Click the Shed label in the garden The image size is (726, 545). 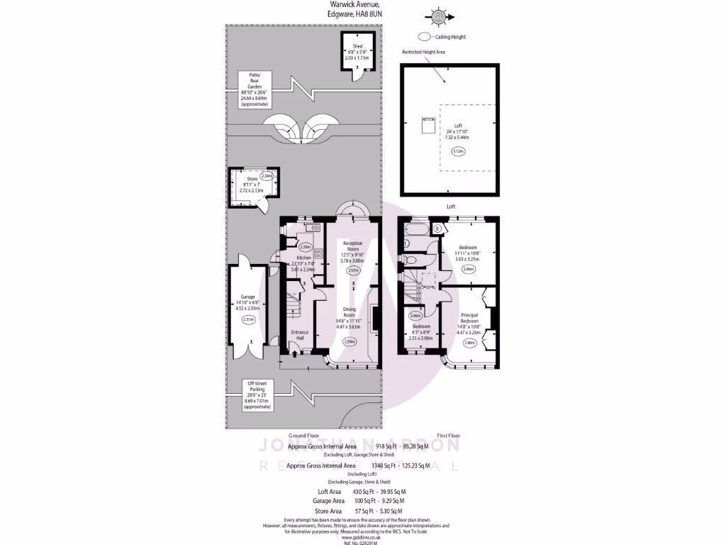coord(353,48)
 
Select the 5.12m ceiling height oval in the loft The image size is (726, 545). coord(457,151)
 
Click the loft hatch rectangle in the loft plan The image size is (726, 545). coord(429,125)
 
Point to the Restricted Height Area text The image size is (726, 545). coord(423,52)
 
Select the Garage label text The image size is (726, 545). coord(247,297)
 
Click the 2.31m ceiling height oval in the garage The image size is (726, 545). coord(248,320)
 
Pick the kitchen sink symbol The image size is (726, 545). coord(311,227)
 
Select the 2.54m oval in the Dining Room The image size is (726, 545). coord(350,341)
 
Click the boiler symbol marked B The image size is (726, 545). coord(437,229)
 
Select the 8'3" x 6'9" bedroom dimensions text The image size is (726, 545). coord(420,333)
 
